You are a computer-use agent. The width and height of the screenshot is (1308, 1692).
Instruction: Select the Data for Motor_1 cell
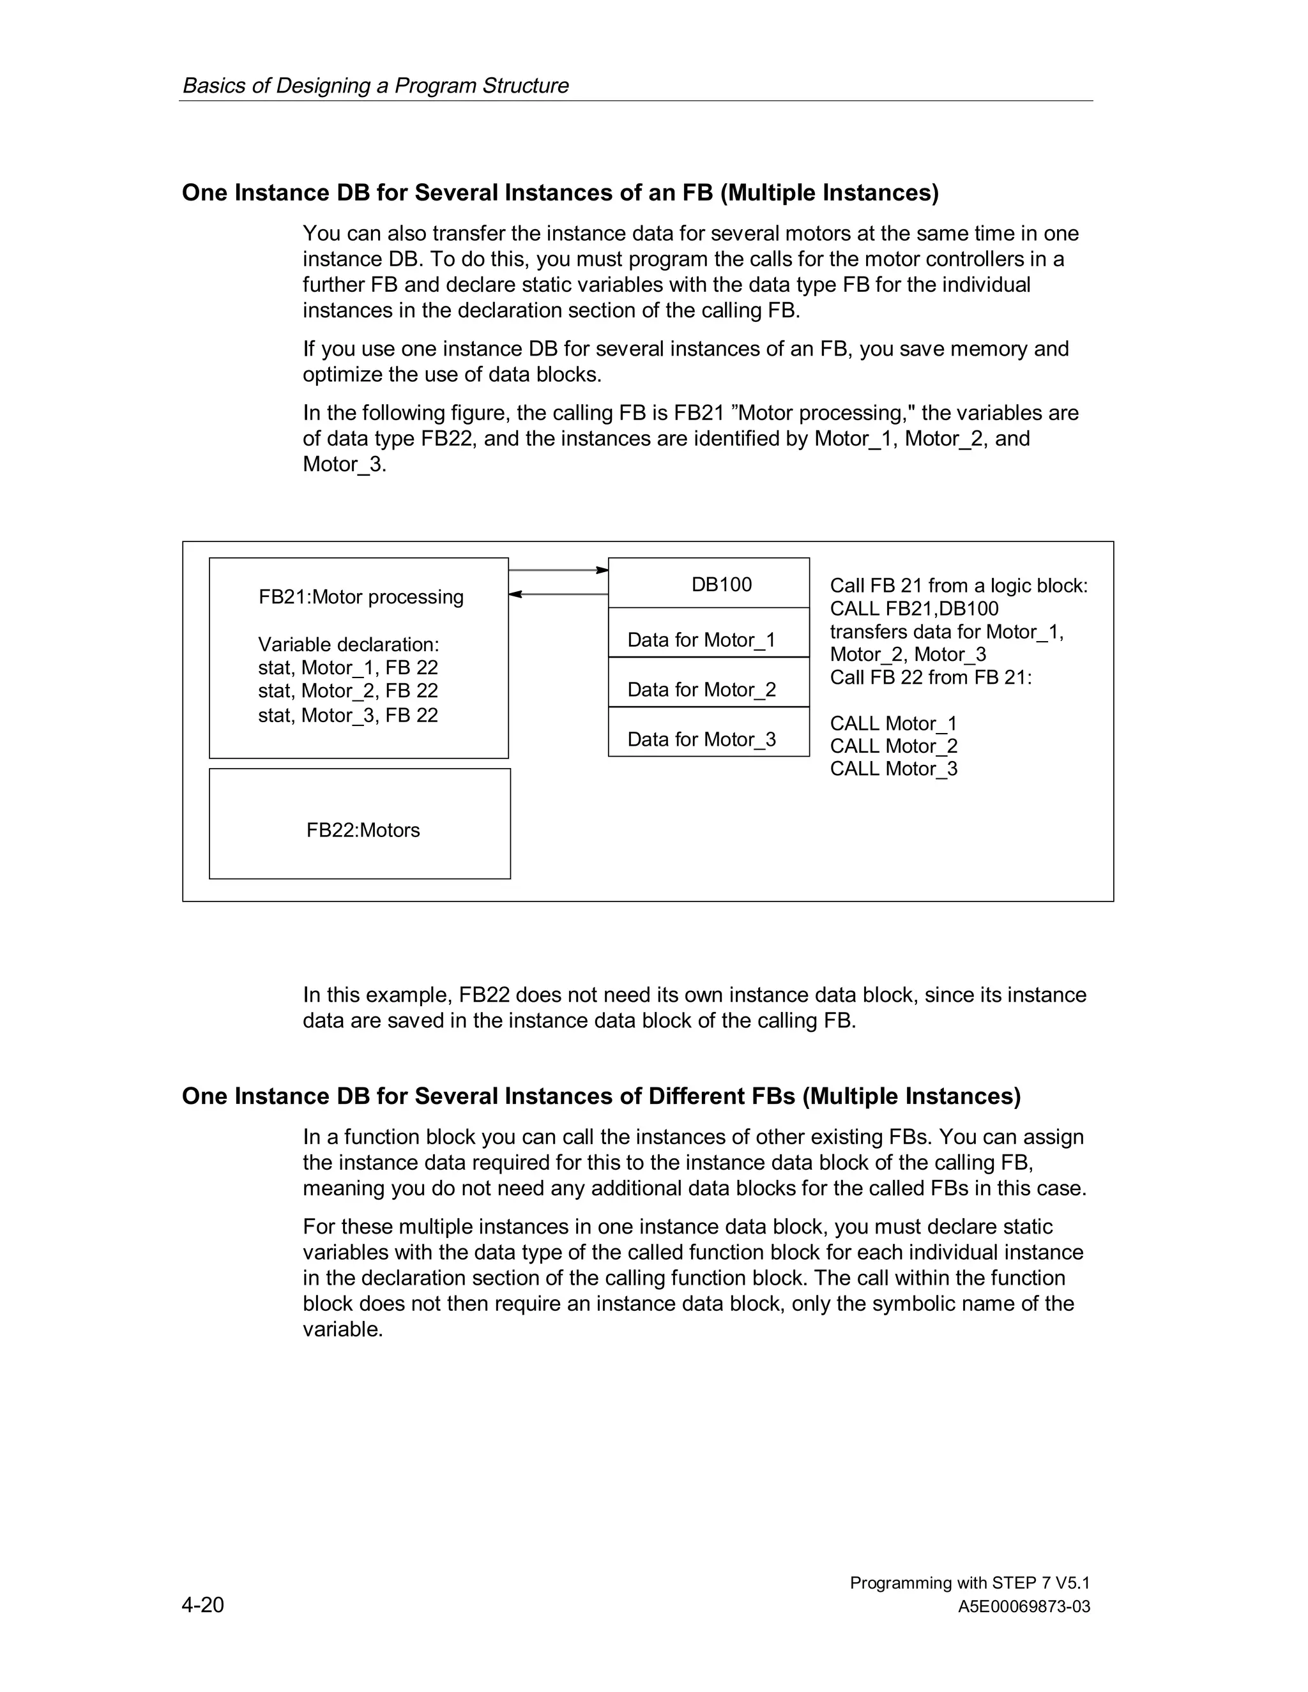coord(701,639)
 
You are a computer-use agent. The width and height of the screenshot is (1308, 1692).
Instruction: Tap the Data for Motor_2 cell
coord(701,689)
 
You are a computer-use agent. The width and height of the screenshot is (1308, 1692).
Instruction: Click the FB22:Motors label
coord(363,830)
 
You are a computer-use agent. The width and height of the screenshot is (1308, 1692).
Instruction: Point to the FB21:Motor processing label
coord(360,596)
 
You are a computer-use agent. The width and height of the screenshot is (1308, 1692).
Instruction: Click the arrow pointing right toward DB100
coord(558,570)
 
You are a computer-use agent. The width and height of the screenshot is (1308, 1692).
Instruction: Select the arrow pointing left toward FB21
coord(558,594)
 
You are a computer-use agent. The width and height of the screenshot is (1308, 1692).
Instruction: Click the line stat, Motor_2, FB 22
coord(348,690)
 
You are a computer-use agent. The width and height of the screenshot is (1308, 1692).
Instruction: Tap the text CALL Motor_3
coord(894,769)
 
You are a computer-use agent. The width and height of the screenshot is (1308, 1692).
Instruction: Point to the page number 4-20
coord(202,1605)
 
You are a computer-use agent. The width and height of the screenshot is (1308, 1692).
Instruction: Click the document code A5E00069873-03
coord(1023,1607)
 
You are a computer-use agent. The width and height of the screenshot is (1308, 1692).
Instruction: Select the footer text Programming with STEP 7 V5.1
coord(970,1583)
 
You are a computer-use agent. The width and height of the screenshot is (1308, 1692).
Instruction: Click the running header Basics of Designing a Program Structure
coord(375,85)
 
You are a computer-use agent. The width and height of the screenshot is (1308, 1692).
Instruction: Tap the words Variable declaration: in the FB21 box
coord(348,645)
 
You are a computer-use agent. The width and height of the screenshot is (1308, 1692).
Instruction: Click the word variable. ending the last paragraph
coord(342,1329)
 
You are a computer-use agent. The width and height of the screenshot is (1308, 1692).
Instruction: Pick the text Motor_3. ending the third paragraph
coord(344,465)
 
